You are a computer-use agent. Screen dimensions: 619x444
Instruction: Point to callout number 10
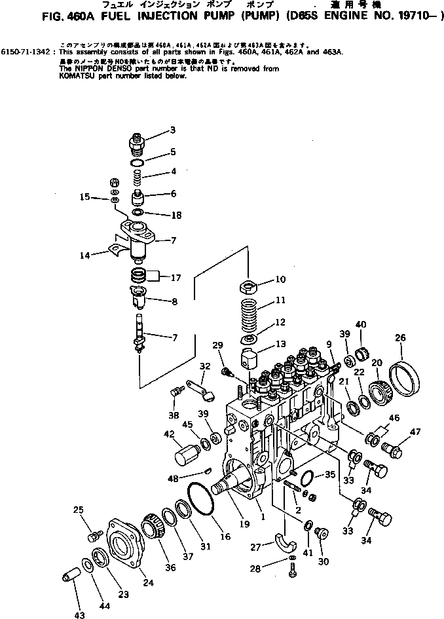(x=280, y=280)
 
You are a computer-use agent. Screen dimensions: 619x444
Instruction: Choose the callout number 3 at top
(x=173, y=130)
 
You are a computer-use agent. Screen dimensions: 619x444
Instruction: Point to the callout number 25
(x=79, y=510)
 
